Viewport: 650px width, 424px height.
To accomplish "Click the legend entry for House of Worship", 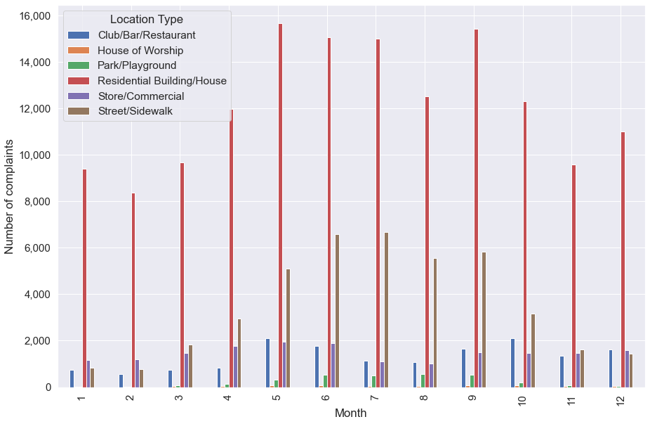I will [140, 50].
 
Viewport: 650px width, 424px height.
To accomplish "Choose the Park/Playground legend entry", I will [137, 65].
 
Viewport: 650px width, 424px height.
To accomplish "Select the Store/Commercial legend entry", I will [140, 96].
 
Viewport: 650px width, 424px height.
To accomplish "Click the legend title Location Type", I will [147, 20].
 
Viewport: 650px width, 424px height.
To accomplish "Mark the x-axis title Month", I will [350, 413].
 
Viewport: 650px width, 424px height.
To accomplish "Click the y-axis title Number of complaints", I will [10, 196].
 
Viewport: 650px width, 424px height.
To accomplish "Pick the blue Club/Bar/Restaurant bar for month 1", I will [72, 379].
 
